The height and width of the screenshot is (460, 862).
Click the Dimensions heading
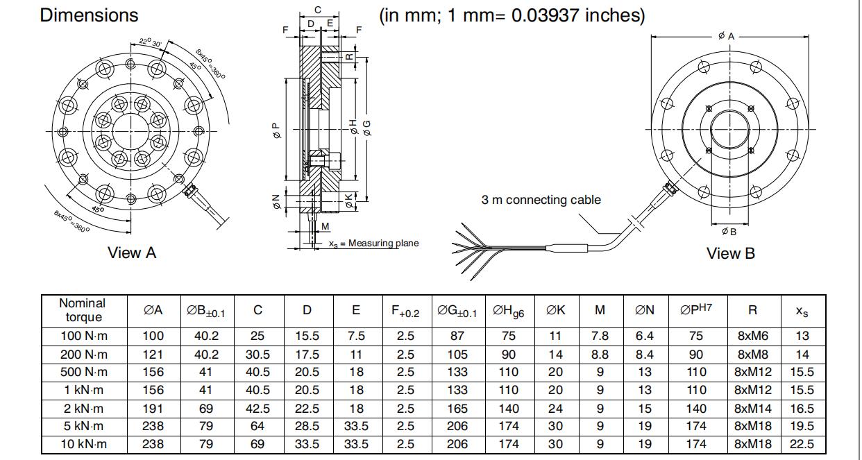point(89,15)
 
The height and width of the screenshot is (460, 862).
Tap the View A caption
point(132,253)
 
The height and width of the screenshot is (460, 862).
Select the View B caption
point(730,253)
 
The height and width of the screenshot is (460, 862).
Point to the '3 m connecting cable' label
point(541,200)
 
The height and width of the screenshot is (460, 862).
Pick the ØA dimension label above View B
point(726,35)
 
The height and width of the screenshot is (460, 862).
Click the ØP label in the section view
point(276,130)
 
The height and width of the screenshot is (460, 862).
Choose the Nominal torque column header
point(83,310)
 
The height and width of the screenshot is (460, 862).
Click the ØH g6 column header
point(508,312)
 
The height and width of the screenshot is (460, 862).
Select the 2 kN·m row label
point(83,409)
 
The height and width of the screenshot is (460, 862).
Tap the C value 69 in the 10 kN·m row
point(257,444)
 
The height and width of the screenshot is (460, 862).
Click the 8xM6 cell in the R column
point(752,336)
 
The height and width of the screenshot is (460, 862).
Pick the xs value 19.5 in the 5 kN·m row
point(802,426)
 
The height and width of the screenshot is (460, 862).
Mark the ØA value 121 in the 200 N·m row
point(153,355)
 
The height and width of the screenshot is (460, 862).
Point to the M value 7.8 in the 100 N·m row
point(600,336)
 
